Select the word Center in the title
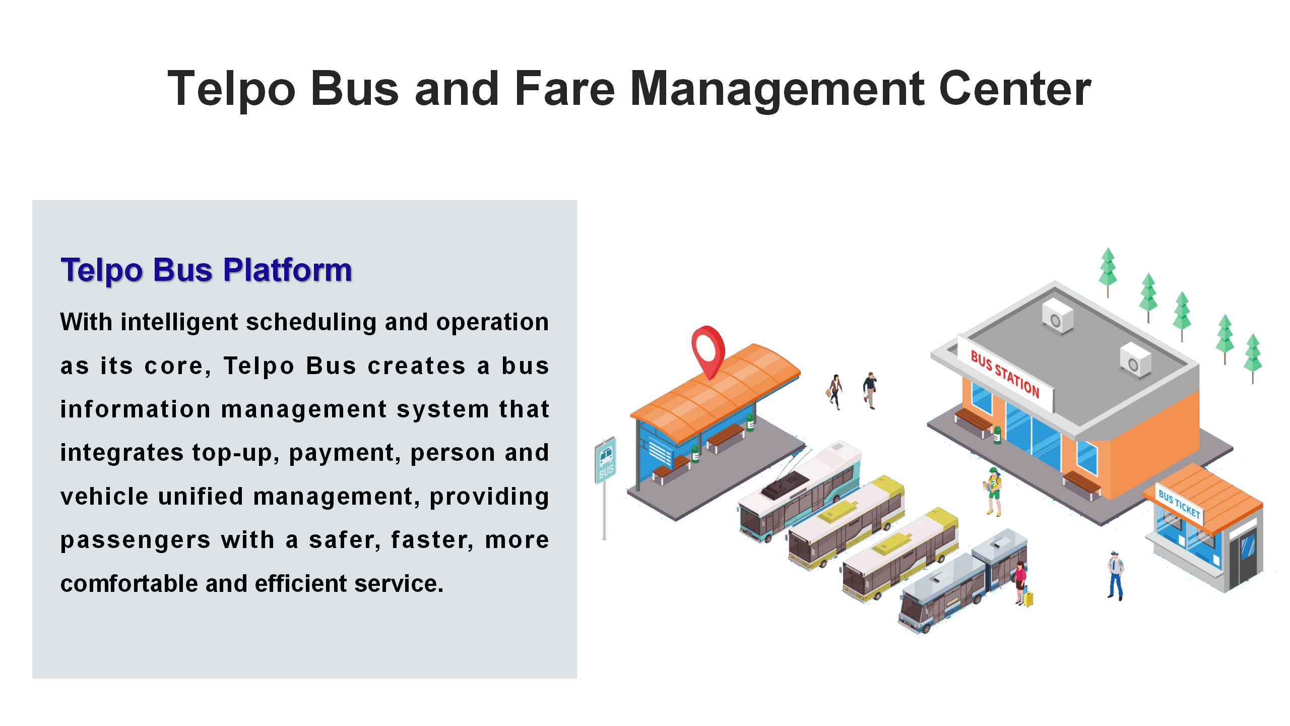(x=1015, y=89)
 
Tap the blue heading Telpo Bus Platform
(x=206, y=271)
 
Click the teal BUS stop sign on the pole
(x=605, y=459)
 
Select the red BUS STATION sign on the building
(x=1005, y=374)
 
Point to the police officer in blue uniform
(x=1116, y=575)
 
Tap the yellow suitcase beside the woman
(x=1028, y=598)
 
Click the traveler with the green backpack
(x=993, y=492)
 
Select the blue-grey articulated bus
(x=962, y=580)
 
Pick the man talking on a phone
(x=870, y=390)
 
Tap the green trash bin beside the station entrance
(x=997, y=435)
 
